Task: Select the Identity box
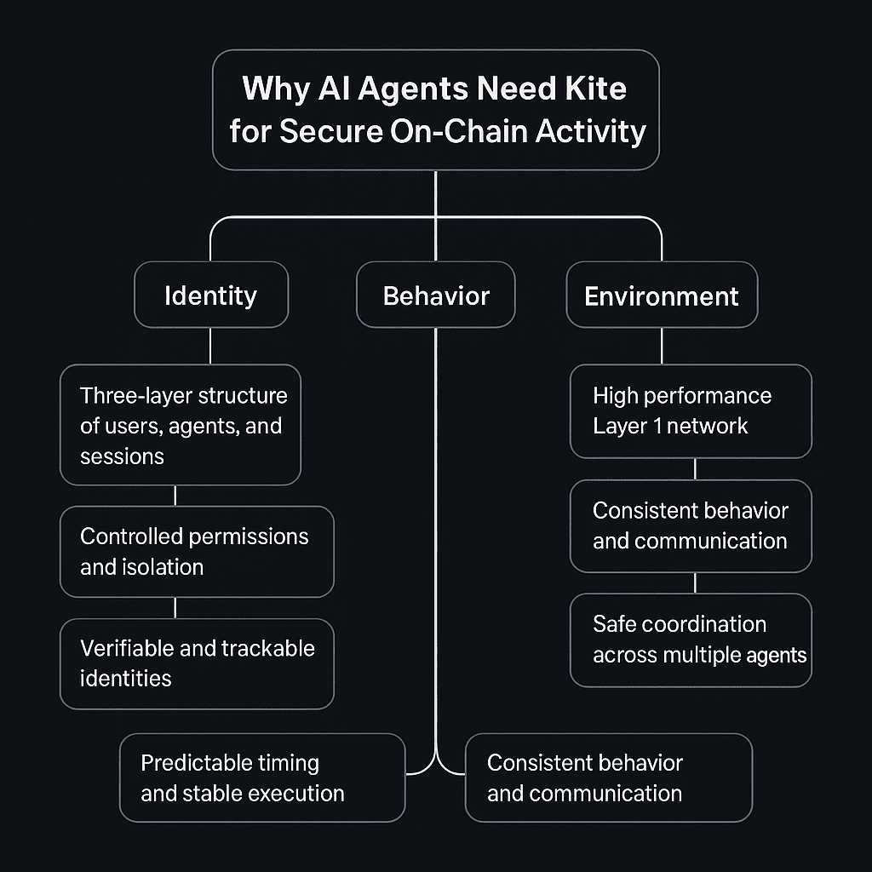[210, 295]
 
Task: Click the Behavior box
[436, 295]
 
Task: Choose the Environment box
[662, 295]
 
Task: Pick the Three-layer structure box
[181, 425]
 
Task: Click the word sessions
[122, 456]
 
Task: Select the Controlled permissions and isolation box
[197, 551]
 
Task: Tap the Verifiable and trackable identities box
[197, 663]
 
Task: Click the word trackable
[268, 648]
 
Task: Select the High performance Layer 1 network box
[691, 410]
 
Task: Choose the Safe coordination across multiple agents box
[691, 640]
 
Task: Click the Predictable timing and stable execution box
[262, 777]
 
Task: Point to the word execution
[291, 793]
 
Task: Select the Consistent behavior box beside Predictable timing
[609, 777]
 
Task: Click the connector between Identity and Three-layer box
[210, 346]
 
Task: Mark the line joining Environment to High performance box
[662, 346]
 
